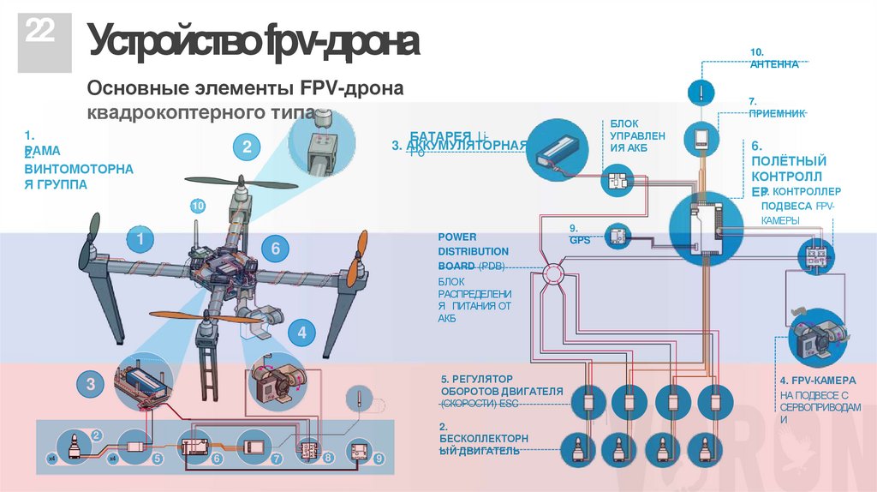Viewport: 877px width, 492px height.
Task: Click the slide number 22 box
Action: click(37, 37)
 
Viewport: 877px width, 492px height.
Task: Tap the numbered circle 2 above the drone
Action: click(247, 147)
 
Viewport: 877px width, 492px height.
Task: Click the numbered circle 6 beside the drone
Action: click(275, 249)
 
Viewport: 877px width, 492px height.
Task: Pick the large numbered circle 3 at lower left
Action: click(90, 384)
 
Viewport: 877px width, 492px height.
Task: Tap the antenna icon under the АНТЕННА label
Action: click(701, 91)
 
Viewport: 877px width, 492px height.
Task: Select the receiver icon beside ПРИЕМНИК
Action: click(701, 136)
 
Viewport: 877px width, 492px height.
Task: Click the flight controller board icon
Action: click(707, 225)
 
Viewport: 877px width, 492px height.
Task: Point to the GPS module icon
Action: click(617, 237)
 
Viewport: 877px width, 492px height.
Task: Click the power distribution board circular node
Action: click(552, 275)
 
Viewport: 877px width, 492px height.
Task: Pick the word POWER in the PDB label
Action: click(457, 237)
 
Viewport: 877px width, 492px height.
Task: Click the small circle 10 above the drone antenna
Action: click(198, 206)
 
